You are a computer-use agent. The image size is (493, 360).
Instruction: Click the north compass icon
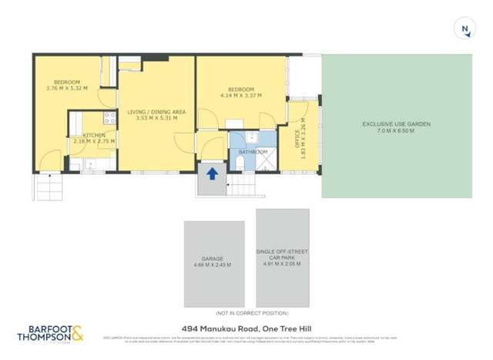[x=465, y=29]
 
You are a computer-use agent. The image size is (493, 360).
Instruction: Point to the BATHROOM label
[x=252, y=152]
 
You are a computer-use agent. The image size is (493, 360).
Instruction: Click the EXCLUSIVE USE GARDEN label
[x=396, y=124]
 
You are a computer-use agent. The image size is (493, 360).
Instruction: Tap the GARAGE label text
[x=213, y=259]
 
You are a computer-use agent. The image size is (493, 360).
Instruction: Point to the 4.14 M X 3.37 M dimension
[x=240, y=96]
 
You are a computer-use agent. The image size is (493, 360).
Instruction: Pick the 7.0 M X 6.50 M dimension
[x=396, y=132]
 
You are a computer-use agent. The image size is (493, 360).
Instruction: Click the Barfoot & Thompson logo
[x=51, y=335]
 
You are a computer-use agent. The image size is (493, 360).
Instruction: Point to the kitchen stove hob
[x=109, y=119]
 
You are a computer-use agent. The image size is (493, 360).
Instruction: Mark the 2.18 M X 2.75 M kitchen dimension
[x=94, y=142]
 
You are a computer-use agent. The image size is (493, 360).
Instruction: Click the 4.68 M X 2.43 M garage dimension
[x=213, y=266]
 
